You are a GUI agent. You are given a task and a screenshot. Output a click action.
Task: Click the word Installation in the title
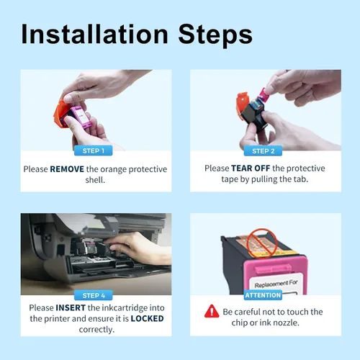94,34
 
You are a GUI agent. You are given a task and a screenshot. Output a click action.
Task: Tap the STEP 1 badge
94,150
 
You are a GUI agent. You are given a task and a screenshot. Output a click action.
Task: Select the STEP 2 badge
263,151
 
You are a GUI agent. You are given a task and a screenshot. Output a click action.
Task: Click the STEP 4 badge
94,295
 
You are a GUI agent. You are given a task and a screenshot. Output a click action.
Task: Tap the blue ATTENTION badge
263,295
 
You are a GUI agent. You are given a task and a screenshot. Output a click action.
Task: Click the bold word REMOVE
67,169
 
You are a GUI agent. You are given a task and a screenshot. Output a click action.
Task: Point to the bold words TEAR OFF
251,168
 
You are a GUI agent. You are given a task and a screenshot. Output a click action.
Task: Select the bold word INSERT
71,307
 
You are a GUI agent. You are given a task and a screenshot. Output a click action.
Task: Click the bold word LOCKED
147,318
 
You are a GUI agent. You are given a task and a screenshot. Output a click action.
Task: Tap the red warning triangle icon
212,312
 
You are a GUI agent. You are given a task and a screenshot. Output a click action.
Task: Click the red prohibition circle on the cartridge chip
262,243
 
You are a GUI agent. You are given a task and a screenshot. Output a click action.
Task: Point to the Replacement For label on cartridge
276,284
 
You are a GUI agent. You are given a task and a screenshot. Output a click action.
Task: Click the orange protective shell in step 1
59,113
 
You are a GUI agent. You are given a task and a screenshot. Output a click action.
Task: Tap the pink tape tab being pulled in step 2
263,94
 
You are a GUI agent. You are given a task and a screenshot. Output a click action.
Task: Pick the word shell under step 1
95,180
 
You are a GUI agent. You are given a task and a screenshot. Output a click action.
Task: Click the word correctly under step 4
96,330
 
